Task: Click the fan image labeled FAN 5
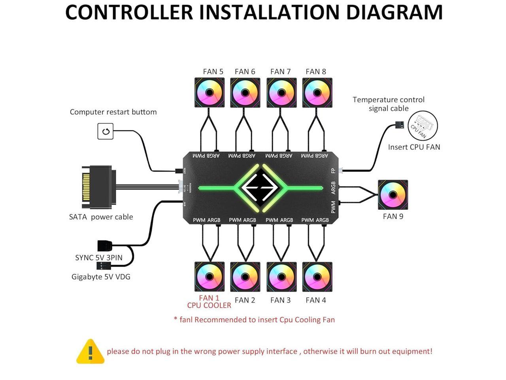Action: point(210,93)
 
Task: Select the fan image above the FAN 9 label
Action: point(393,195)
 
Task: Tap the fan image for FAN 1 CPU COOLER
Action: point(210,277)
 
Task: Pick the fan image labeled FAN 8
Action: point(317,93)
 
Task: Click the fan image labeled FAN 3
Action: point(281,277)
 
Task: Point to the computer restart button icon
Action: point(106,131)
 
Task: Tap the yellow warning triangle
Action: point(90,351)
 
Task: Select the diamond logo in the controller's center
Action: point(261,188)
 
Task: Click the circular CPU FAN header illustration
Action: point(422,126)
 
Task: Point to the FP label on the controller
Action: point(333,171)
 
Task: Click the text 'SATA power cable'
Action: point(101,217)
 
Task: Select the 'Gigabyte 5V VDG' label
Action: point(101,277)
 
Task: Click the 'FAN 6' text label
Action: point(245,72)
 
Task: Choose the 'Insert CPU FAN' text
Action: point(414,147)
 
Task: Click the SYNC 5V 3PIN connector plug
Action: point(105,245)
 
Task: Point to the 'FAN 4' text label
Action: point(316,300)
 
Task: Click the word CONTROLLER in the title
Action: point(129,12)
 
